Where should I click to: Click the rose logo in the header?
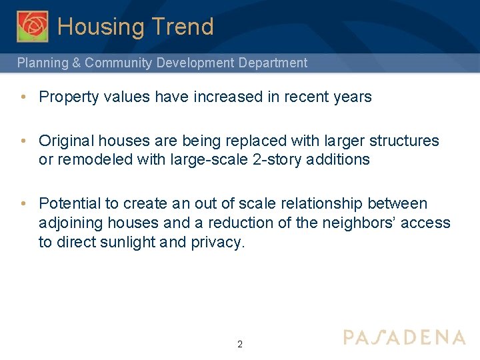[33, 26]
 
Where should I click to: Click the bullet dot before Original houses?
[23, 141]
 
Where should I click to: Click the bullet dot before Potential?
[23, 203]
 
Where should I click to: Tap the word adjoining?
[68, 223]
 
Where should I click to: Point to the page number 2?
[240, 345]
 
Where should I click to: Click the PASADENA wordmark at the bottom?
[404, 337]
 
